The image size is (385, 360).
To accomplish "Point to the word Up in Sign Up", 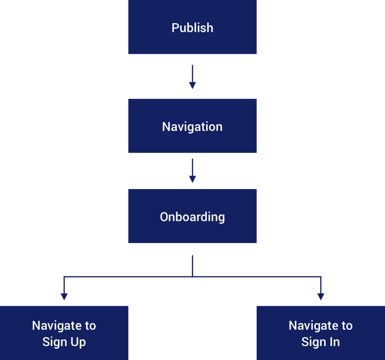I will point(77,342).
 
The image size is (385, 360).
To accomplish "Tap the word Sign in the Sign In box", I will point(312,342).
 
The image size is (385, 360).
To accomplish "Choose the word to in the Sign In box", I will point(347,325).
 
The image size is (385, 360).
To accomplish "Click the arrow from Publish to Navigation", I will point(192,77).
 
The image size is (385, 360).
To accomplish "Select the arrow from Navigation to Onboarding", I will point(192,171).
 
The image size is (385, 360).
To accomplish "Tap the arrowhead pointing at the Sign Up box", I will point(64,297).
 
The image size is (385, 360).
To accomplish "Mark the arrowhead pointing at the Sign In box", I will point(320,297).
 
